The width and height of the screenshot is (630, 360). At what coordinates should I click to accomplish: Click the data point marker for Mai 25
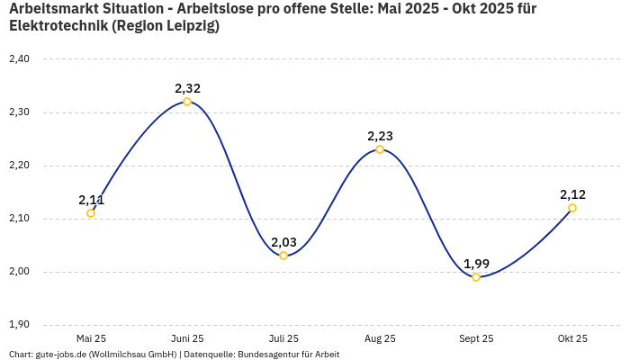click(91, 213)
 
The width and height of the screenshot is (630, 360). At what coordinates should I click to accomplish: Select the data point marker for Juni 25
click(187, 102)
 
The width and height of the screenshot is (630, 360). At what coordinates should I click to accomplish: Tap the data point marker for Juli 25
click(283, 256)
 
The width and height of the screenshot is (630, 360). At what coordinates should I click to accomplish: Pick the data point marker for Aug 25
click(380, 149)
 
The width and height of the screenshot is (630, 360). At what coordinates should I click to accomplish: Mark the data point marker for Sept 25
click(476, 277)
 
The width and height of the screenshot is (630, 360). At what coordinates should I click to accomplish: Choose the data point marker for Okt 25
click(572, 208)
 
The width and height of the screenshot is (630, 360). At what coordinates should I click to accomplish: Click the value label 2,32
click(187, 88)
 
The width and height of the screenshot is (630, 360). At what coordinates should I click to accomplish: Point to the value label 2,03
click(283, 242)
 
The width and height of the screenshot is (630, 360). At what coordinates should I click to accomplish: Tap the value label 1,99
click(476, 264)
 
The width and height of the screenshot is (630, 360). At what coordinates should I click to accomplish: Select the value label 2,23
click(380, 136)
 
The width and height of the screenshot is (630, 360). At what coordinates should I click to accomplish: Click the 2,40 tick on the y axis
click(19, 59)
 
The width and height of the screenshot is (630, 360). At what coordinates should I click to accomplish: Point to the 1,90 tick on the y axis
click(19, 325)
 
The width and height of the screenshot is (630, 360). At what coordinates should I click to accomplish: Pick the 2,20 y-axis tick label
click(19, 166)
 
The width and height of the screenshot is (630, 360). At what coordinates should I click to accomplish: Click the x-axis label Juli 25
click(283, 338)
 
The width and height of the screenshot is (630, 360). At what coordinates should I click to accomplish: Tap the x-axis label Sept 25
click(476, 338)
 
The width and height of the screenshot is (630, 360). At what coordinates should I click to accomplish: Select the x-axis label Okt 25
click(572, 338)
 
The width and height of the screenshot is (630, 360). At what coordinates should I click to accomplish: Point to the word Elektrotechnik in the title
click(57, 26)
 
